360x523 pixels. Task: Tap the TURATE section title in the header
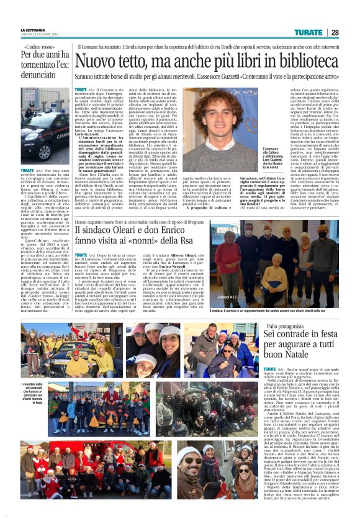click(x=308, y=32)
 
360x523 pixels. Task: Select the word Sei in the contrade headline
click(x=271, y=336)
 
